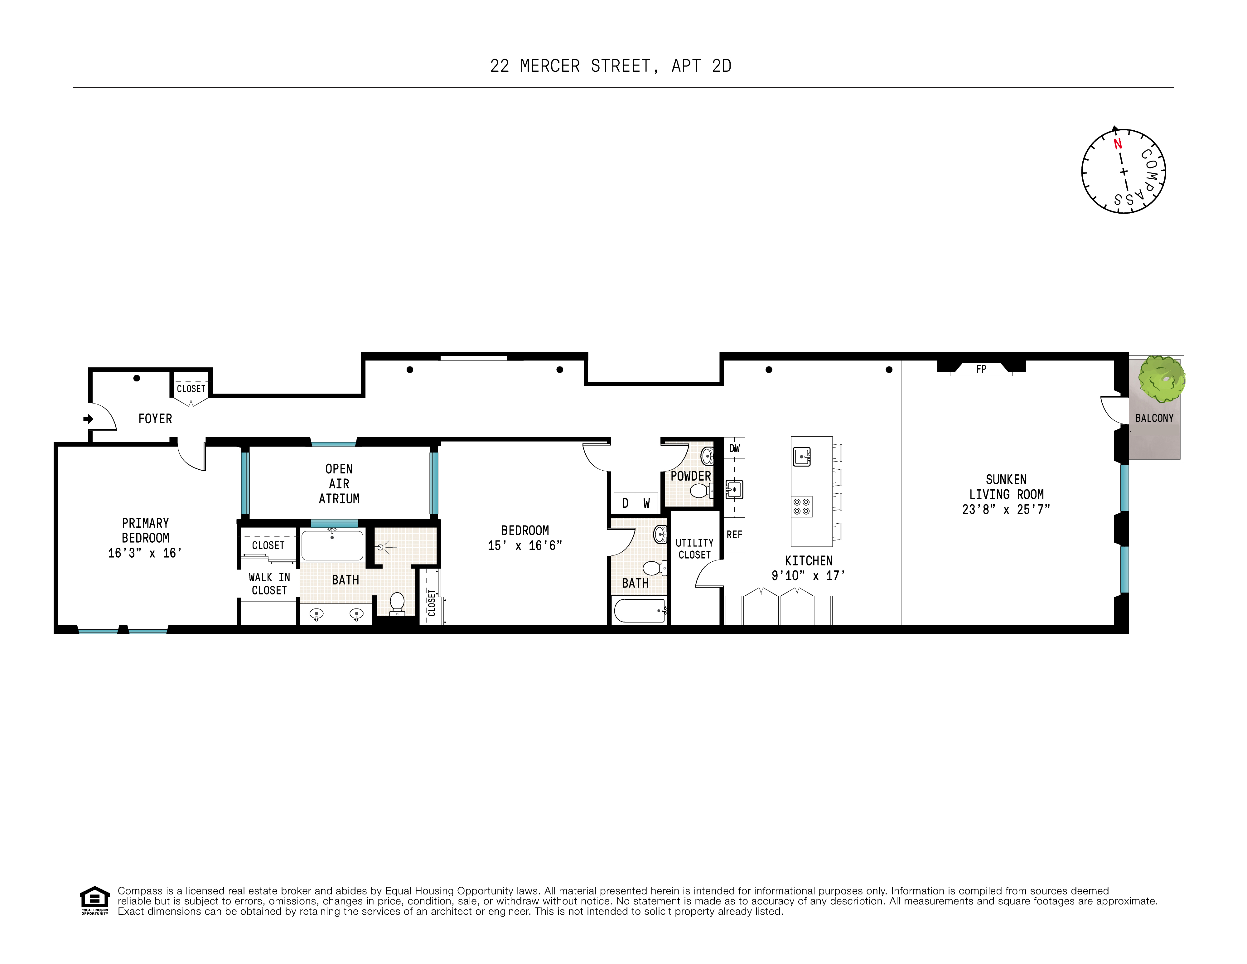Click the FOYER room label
[155, 419]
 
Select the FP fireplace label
[981, 369]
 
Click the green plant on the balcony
[1161, 379]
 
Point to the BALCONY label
[1154, 418]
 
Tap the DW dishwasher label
[734, 448]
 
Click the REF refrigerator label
[734, 535]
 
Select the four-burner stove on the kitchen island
[801, 506]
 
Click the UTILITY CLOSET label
[694, 548]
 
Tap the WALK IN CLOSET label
[269, 584]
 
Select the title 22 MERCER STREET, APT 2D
[610, 66]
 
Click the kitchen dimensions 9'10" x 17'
[808, 576]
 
